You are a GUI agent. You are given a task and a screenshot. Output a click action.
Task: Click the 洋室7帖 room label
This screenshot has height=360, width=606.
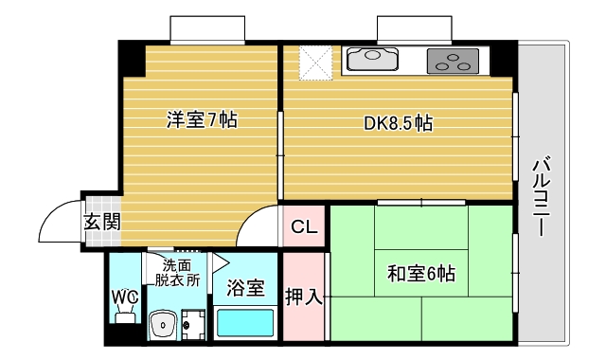[x=201, y=120]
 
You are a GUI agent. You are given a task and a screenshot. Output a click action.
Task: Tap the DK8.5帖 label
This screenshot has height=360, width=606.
[x=399, y=123]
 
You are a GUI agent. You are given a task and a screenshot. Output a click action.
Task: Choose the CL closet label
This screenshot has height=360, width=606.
[x=304, y=227]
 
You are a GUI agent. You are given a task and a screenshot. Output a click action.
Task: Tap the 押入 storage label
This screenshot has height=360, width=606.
[x=304, y=297]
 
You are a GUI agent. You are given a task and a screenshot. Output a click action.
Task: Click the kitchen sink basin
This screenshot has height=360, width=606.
[x=371, y=61]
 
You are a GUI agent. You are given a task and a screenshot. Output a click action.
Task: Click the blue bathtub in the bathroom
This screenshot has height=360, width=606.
[x=245, y=322]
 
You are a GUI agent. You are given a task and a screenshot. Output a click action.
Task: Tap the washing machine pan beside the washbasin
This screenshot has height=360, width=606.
[x=193, y=325]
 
